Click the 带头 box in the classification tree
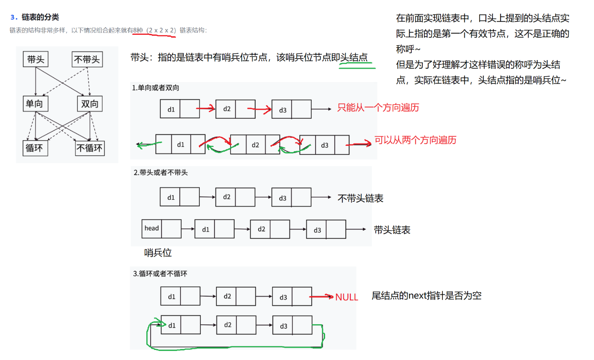pos(36,60)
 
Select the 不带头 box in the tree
pos(87,60)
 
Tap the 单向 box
pos(34,103)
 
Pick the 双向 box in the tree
pos(90,103)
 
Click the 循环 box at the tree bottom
pos(34,148)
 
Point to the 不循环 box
pos(90,148)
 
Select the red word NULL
pos(347,297)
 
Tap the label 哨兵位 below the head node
pos(158,253)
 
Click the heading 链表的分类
pos(40,17)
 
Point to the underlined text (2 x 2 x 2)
pos(162,30)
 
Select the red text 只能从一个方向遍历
pos(378,107)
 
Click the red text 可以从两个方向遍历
pos(415,140)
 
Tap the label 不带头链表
pos(360,198)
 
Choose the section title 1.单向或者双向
pos(156,88)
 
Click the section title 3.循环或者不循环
pos(160,274)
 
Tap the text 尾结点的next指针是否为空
pos(427,296)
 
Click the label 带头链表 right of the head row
pos(392,230)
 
